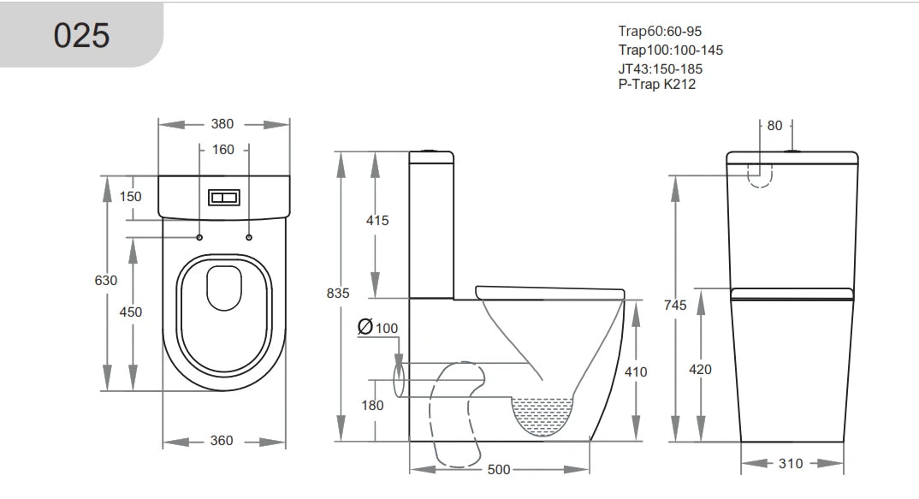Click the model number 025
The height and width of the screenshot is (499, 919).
point(82,35)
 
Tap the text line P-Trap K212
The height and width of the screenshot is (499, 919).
point(656,84)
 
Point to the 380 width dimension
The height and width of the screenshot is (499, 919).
point(222,124)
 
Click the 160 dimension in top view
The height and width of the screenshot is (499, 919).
point(222,150)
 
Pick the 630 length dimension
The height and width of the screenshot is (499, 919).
point(106,280)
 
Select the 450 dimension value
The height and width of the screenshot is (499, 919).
point(130,312)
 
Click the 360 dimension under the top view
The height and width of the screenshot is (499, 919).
point(222,441)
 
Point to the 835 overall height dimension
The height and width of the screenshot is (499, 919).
point(339,293)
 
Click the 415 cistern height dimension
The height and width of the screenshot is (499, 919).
point(376,220)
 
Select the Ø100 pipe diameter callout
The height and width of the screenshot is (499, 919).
point(377,328)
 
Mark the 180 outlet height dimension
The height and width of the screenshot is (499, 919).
point(372,406)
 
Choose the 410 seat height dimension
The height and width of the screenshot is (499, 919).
point(636,371)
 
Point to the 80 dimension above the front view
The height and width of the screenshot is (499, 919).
point(774,126)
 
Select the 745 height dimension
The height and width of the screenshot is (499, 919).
point(675,306)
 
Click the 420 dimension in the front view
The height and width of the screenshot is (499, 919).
point(700,369)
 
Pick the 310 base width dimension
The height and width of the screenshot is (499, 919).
point(792,463)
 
